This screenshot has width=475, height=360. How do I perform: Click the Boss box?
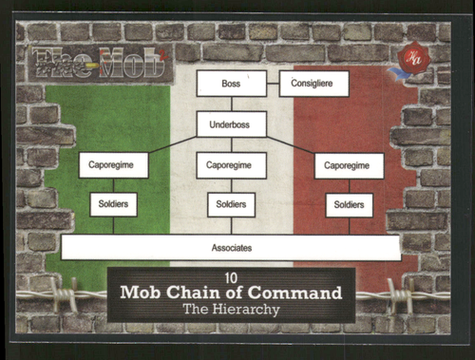(x=231, y=84)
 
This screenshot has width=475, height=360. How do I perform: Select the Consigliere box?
(x=313, y=84)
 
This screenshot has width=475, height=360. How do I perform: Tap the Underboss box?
(x=231, y=123)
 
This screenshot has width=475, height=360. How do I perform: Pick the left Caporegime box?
(x=113, y=165)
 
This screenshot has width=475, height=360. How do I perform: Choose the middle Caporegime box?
(x=231, y=165)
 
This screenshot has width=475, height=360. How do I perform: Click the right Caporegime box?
(x=349, y=165)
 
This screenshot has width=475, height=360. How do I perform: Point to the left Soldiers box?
(x=113, y=204)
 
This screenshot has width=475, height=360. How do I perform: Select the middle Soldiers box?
(x=231, y=204)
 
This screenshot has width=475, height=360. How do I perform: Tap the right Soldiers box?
(x=349, y=204)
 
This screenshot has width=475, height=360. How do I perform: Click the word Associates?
(x=231, y=248)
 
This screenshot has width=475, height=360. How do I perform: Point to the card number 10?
(x=231, y=277)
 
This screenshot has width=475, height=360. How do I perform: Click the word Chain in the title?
(x=205, y=293)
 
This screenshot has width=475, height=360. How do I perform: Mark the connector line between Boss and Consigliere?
(x=273, y=84)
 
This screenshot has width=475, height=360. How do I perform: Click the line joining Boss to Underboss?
(x=231, y=104)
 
